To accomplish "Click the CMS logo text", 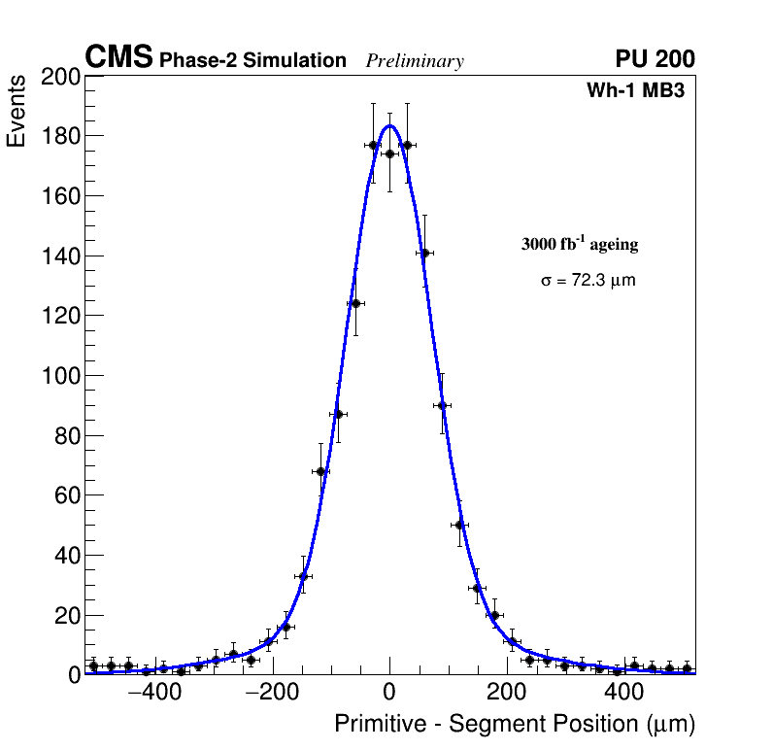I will coord(118,58).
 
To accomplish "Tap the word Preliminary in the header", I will coord(415,61).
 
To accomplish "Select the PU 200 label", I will coord(655,59).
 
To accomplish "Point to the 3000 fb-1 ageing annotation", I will coord(580,244).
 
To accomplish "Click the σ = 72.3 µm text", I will coord(588,280).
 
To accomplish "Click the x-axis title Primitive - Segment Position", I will coord(515,724).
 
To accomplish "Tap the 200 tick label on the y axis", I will coord(59,78).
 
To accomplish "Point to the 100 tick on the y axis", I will coord(59,376).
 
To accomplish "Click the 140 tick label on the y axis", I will coord(59,256).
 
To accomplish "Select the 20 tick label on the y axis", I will coord(64,616).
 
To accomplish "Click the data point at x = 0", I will coord(389,153).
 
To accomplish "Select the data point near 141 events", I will coord(424,253).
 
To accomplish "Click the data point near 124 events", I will coord(355,303).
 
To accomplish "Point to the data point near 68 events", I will coord(321,471).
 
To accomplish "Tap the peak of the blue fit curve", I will coord(389,125).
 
